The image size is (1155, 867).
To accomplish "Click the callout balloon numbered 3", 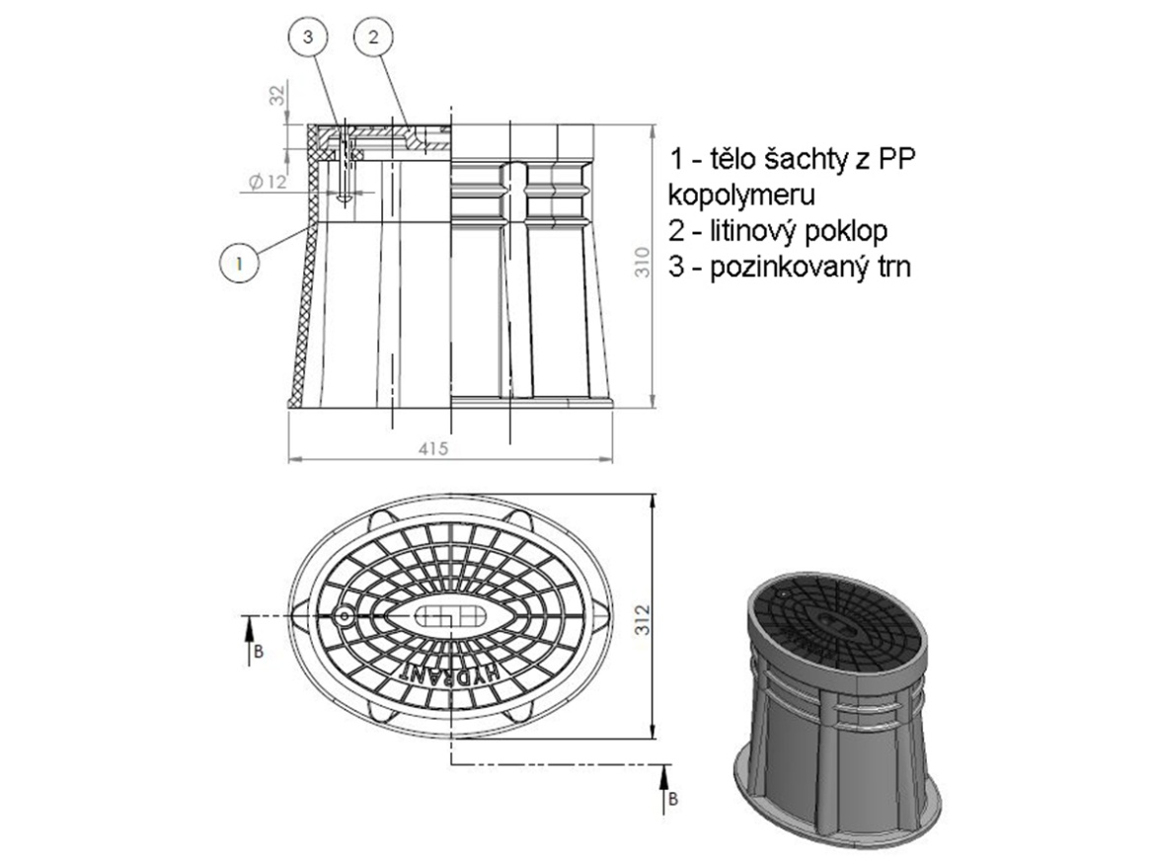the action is tap(308, 37).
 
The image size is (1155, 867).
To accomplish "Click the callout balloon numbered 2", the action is tap(373, 37).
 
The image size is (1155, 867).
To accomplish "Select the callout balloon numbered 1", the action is tap(240, 263).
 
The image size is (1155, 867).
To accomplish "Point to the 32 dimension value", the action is tap(276, 96).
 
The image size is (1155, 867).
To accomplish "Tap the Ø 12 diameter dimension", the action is tap(267, 181).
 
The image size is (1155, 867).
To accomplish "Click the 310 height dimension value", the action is tap(643, 262).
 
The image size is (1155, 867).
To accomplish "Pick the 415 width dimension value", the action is tap(433, 448).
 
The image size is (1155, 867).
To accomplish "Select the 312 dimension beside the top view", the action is tap(643, 619).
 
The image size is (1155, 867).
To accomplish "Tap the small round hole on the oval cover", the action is tap(344, 615).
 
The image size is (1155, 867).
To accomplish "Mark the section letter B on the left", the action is tap(258, 652).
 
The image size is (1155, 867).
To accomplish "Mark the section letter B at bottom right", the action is tap(673, 799).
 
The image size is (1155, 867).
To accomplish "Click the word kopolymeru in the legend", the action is tap(741, 195).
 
